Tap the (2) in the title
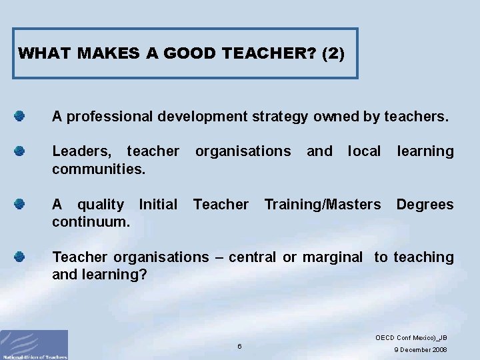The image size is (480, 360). [x=333, y=53]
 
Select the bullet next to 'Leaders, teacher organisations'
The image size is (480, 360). [x=20, y=151]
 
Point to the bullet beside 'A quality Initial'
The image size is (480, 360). [x=20, y=204]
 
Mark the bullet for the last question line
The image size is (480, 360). [x=20, y=257]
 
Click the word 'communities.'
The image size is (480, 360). [x=99, y=169]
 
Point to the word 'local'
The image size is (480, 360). [x=364, y=151]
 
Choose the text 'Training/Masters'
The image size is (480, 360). [x=323, y=205]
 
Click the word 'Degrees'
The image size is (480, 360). [x=425, y=205]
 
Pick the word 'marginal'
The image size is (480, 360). [x=333, y=257]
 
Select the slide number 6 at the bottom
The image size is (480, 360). [x=239, y=346]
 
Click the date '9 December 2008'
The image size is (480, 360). [x=420, y=350]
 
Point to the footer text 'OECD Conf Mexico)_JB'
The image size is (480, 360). [x=411, y=338]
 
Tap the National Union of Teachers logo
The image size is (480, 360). [x=34, y=344]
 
